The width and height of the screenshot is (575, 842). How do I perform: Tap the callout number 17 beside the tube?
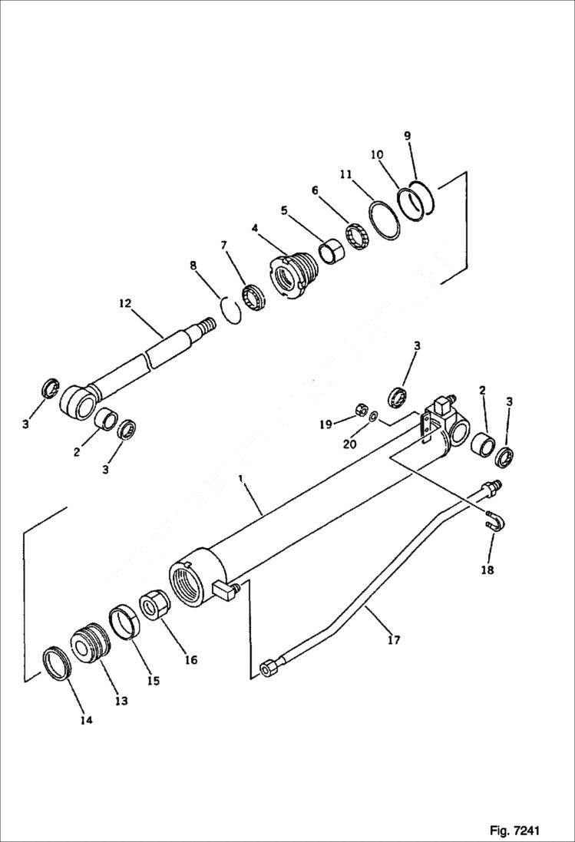click(393, 639)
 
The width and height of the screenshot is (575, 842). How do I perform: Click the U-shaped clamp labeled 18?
click(497, 523)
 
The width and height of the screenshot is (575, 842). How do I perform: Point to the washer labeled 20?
click(373, 418)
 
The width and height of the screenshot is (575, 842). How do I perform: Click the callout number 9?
click(408, 136)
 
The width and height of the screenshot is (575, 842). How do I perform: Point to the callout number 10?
click(377, 155)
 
